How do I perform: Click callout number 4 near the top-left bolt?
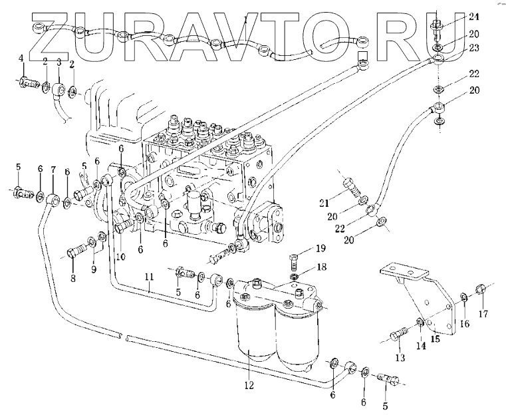pos(21,60)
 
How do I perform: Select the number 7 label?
pos(53,170)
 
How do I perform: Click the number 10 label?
pos(121,257)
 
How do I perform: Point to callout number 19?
pos(320,249)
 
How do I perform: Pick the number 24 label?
pos(454,17)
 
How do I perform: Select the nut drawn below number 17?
pos(481,289)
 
